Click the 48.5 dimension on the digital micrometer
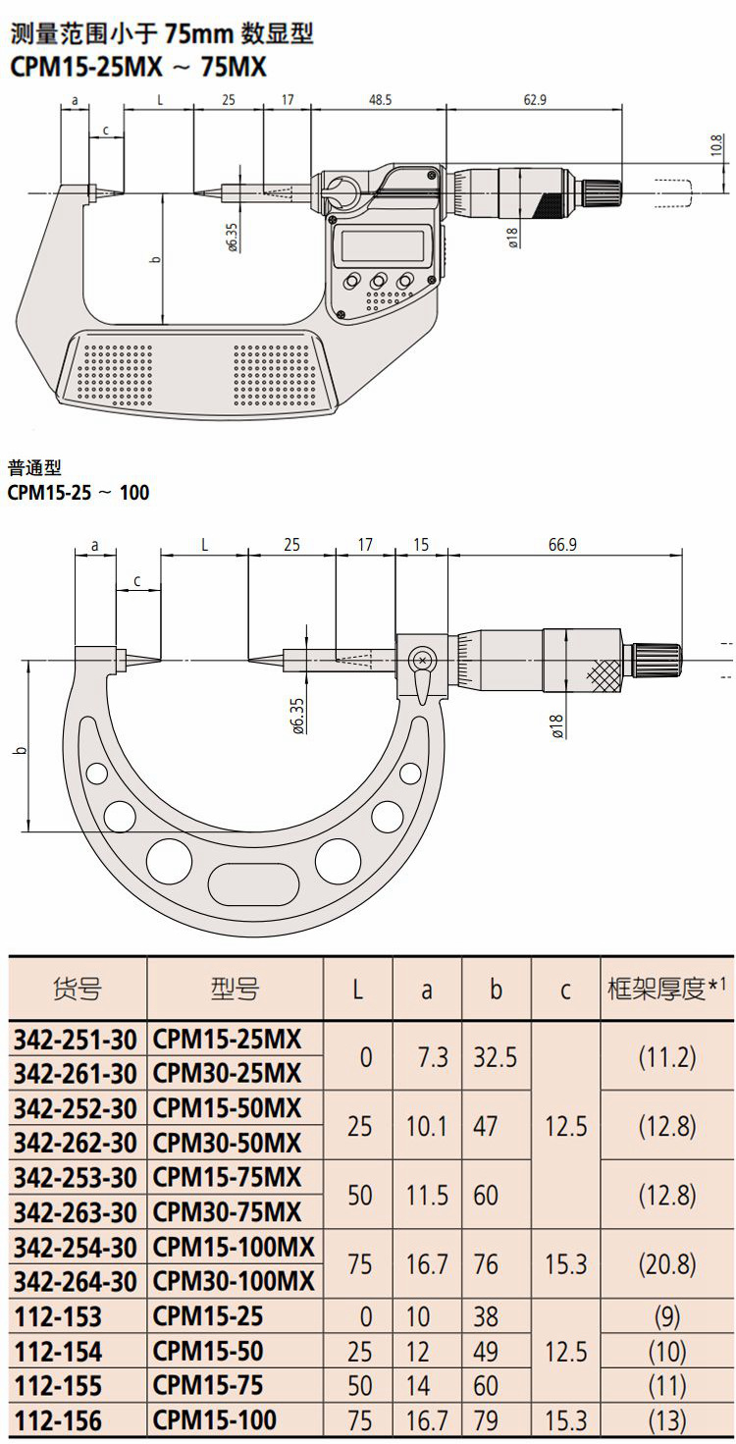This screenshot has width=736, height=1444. click(x=380, y=100)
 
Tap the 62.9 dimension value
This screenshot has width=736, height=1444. click(x=535, y=100)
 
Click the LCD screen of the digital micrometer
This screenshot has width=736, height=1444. click(x=385, y=244)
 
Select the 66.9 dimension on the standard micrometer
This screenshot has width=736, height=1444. click(x=562, y=545)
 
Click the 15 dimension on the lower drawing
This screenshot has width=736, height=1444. click(x=420, y=545)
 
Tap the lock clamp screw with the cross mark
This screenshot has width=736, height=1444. click(x=423, y=660)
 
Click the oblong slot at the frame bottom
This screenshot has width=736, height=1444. click(x=253, y=879)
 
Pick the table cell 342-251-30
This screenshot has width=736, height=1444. click(x=76, y=1040)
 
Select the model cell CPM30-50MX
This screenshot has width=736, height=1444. click(x=227, y=1143)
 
